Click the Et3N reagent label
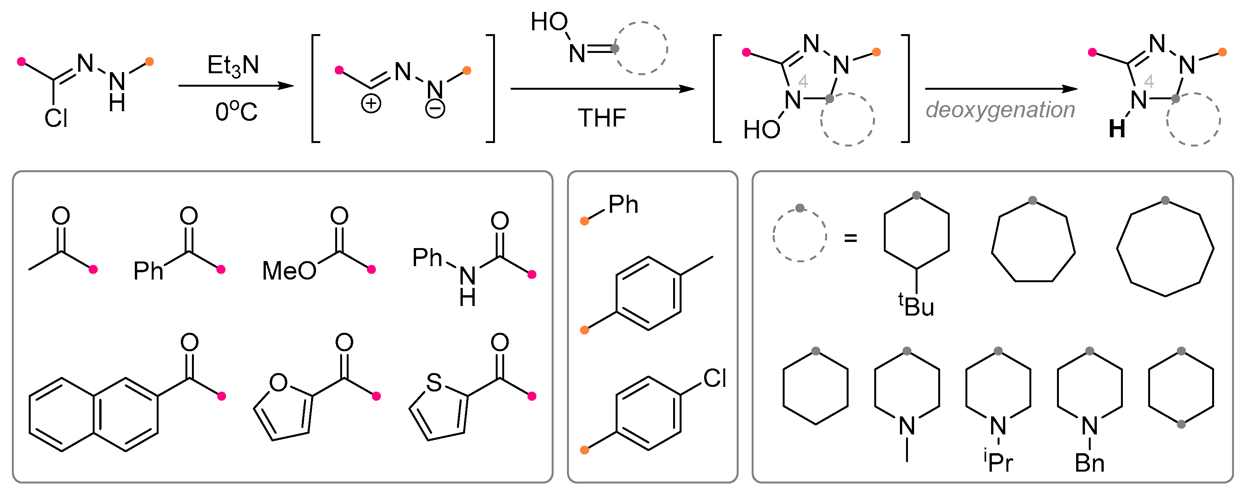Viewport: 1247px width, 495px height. (x=233, y=66)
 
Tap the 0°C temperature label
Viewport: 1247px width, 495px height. (x=236, y=112)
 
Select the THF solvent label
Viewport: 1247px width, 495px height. (x=602, y=118)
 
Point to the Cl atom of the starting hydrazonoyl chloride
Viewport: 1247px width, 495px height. (x=56, y=118)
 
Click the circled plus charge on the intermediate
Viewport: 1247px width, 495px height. (x=371, y=104)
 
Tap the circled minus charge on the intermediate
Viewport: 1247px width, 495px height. (x=435, y=109)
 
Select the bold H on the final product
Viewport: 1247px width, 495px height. (x=1117, y=129)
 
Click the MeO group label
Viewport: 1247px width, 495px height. (x=288, y=271)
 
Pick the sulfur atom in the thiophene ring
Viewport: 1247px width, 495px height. (x=434, y=383)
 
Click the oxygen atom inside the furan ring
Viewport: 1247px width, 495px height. (x=279, y=383)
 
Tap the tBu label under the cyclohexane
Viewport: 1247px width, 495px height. (x=916, y=306)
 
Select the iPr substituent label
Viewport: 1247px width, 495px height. (x=998, y=462)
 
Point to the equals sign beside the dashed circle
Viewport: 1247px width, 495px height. (x=850, y=238)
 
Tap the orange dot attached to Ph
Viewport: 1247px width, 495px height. (x=584, y=221)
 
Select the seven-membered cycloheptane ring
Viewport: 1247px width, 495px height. (x=1033, y=242)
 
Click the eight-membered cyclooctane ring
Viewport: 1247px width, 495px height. (x=1165, y=248)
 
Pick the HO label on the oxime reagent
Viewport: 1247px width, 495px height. (x=549, y=22)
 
